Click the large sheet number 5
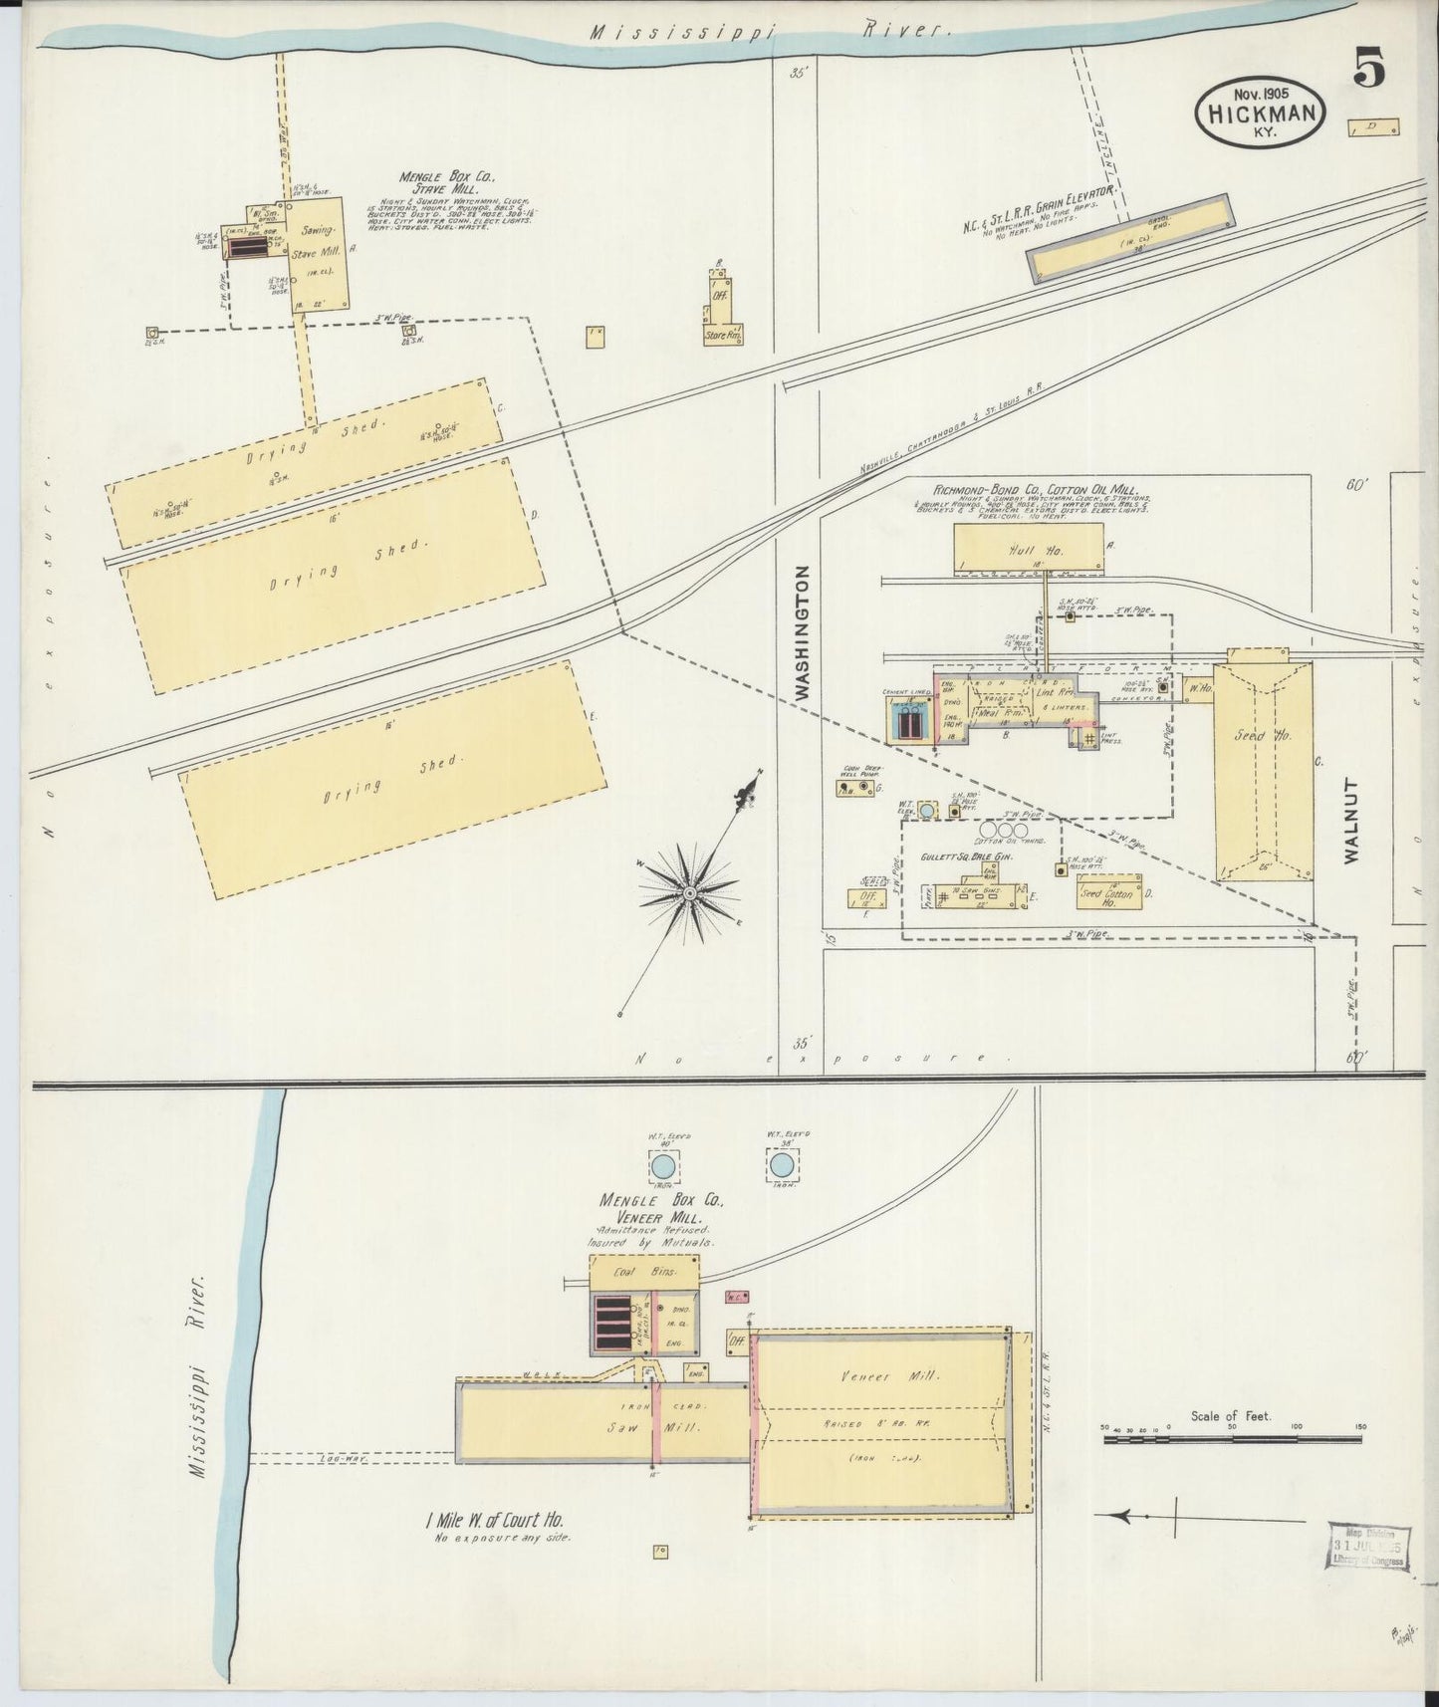point(1369,71)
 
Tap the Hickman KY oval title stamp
point(1260,116)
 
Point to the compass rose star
point(688,894)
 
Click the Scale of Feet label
point(1230,1415)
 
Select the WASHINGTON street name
point(803,632)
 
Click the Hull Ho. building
point(1029,549)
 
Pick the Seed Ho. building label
point(1263,736)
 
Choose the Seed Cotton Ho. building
point(1108,893)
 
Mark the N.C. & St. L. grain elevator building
point(1129,237)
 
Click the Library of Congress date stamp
point(1367,1548)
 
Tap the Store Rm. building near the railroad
point(724,336)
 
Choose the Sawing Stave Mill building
point(318,256)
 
